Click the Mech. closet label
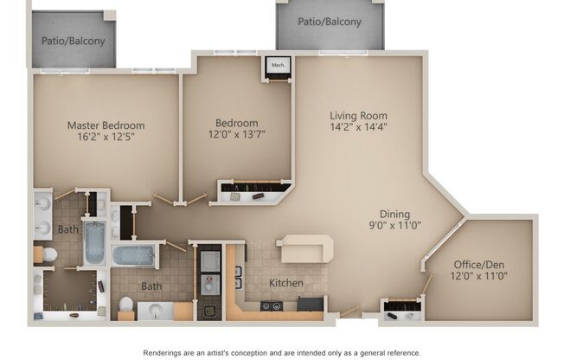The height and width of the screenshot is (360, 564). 279,66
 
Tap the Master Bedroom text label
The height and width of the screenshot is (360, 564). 106,125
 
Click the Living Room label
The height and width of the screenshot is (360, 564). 358,115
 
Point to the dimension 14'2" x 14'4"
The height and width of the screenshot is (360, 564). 358,126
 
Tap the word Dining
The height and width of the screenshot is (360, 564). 394,214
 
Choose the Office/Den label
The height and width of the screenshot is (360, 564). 479,265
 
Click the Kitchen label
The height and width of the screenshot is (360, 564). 285,283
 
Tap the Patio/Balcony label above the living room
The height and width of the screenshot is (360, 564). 330,22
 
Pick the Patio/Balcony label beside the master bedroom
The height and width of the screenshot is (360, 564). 73,40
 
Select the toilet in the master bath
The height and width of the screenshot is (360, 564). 49,254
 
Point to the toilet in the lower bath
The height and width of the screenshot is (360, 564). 126,305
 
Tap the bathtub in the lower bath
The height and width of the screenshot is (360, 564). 133,256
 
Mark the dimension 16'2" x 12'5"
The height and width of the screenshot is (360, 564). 106,137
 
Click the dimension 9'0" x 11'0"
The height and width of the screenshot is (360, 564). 394,225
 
